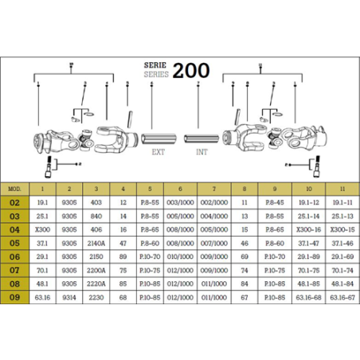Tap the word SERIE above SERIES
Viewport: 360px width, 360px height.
click(156, 64)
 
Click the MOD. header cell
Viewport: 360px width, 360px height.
click(14, 189)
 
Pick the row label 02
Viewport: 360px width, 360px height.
click(14, 203)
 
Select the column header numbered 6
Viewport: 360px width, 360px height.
click(181, 189)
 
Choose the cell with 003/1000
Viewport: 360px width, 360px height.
click(181, 203)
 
